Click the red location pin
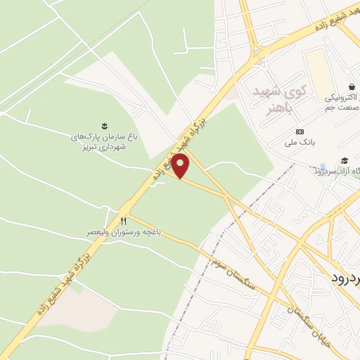(x=181, y=167)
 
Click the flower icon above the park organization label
(x=104, y=127)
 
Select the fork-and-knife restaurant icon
(x=124, y=221)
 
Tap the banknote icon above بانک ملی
(x=300, y=131)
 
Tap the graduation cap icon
(x=345, y=160)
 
